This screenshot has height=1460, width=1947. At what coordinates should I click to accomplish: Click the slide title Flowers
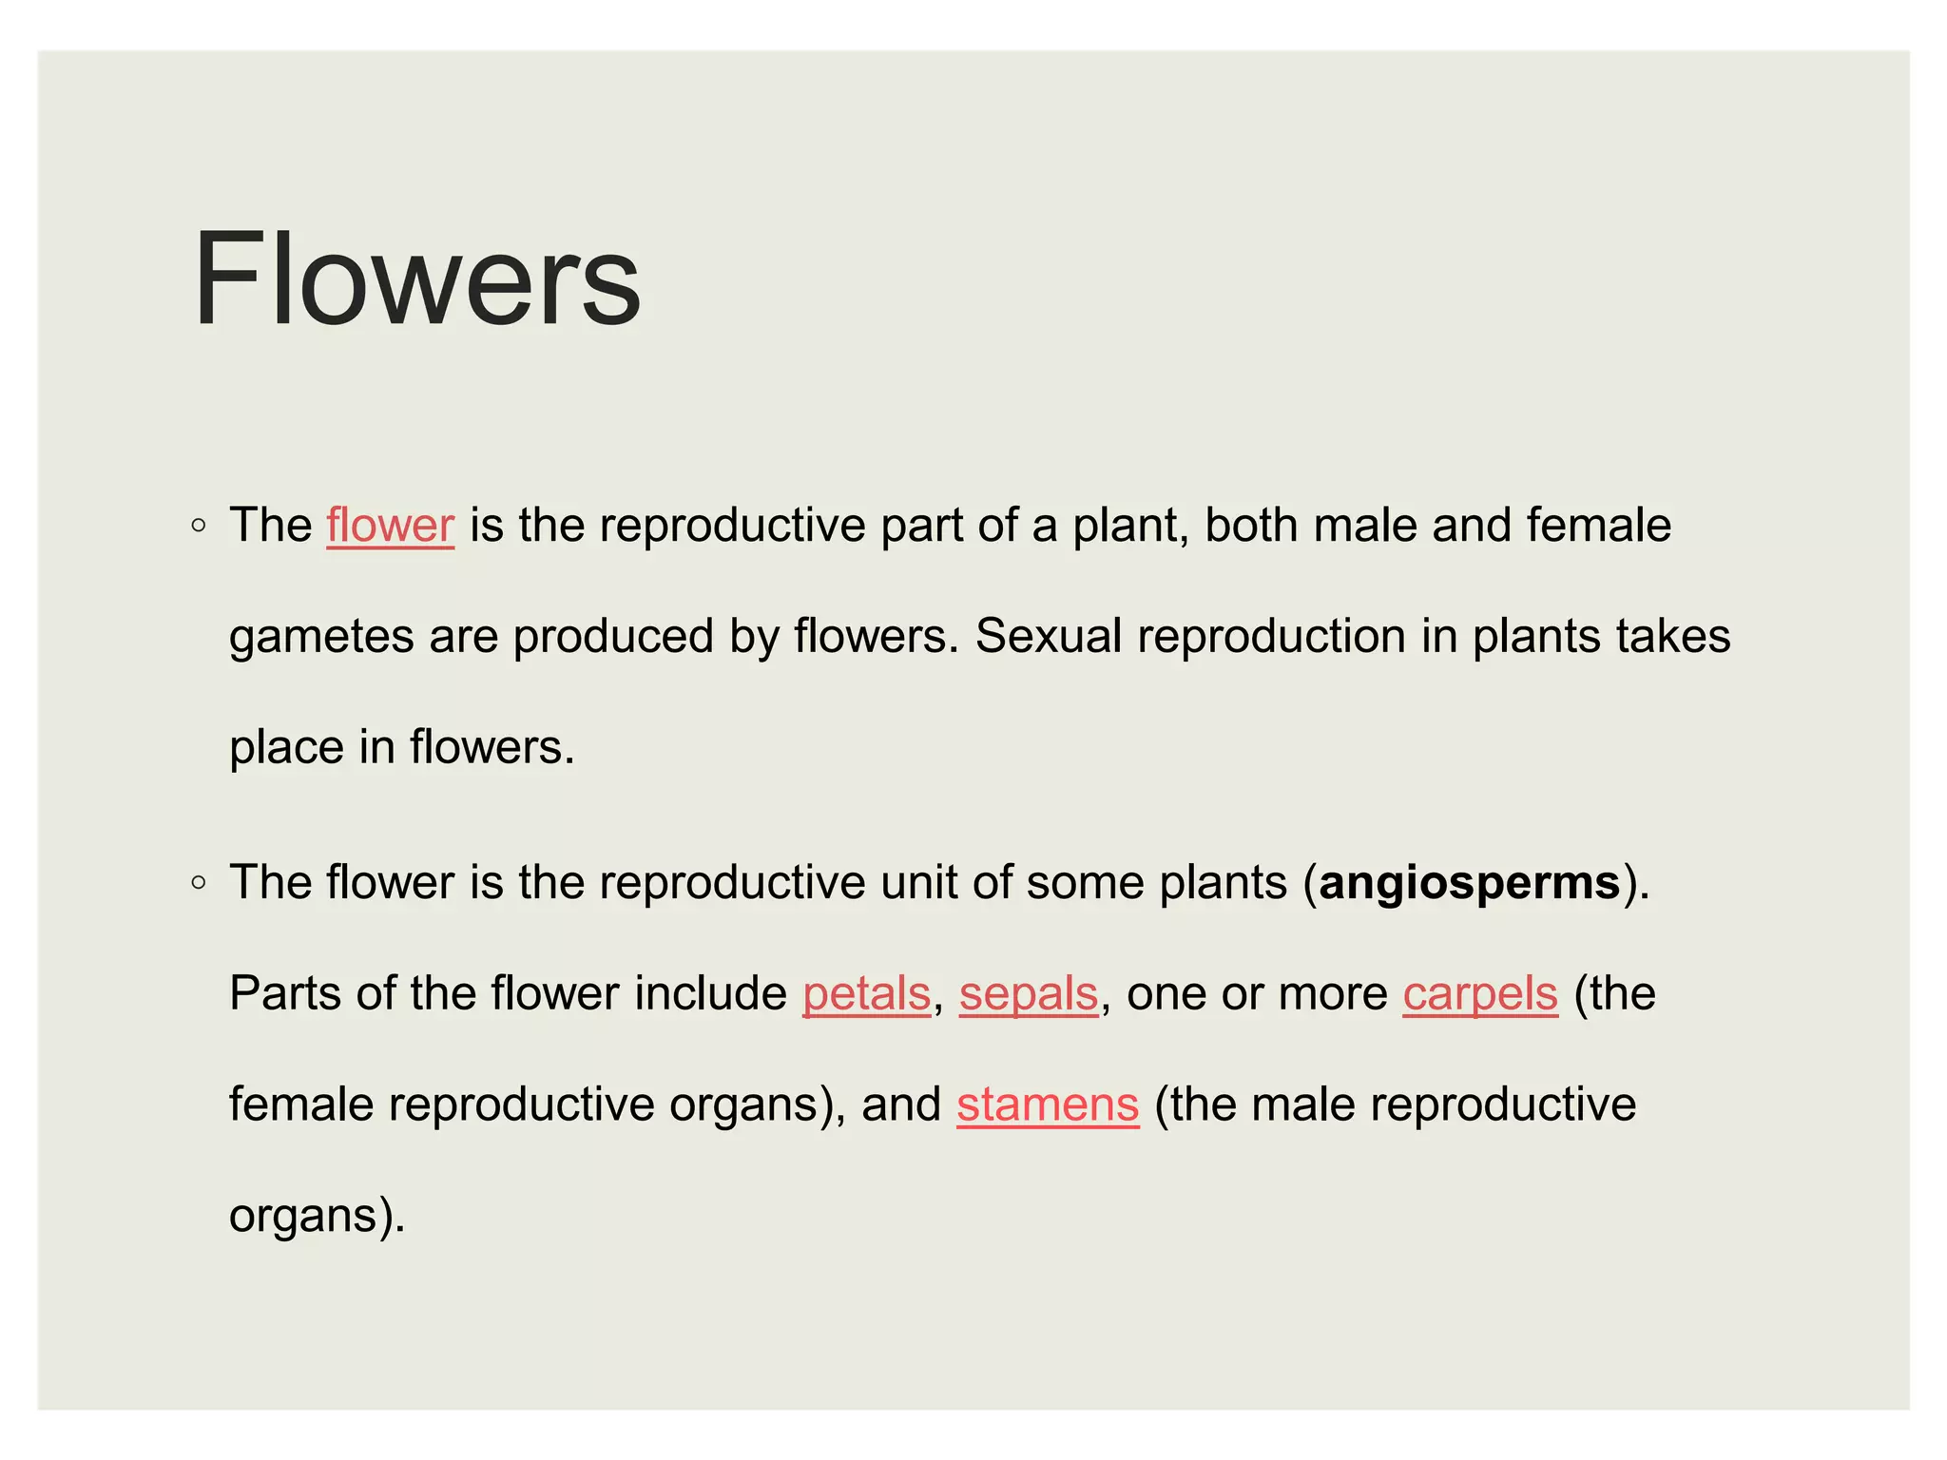(416, 279)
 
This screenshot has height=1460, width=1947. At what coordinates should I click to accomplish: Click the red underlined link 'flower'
(390, 526)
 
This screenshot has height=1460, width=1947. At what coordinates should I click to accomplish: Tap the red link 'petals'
(866, 994)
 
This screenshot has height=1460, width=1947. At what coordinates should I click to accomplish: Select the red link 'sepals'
(1029, 994)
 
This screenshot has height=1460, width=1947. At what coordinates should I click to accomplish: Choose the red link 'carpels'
(1480, 994)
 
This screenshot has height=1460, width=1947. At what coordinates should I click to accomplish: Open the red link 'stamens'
(1048, 1105)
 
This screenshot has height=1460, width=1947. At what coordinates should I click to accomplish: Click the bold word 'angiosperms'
(1470, 883)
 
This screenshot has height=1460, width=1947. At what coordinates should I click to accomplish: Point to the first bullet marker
(198, 526)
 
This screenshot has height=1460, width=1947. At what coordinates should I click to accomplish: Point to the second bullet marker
(198, 883)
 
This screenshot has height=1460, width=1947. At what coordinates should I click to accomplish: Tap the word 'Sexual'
(1049, 636)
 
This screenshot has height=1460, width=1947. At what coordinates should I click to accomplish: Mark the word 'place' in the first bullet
(286, 748)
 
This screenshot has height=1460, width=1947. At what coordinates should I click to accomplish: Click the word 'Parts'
(285, 994)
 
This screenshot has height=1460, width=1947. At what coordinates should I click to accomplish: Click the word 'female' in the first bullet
(1598, 526)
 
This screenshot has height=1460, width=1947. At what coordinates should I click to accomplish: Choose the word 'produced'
(613, 637)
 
